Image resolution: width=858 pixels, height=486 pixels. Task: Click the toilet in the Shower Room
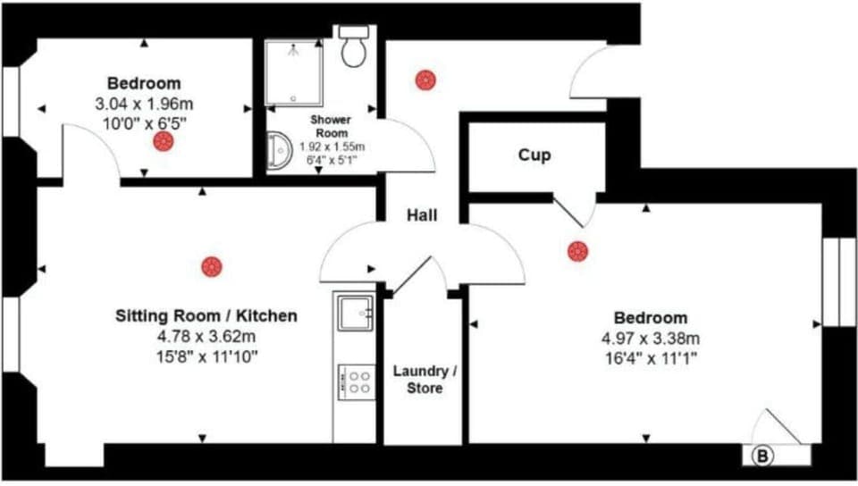point(355,48)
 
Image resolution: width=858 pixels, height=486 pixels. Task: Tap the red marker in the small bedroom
point(162,141)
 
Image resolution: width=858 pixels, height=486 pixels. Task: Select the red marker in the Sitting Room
point(211,265)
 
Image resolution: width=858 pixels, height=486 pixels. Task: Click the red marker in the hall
point(425,80)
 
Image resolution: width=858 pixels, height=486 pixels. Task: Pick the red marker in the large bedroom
point(577,251)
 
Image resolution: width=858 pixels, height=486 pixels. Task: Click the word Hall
point(422,215)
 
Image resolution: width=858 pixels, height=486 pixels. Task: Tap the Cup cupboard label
point(534,155)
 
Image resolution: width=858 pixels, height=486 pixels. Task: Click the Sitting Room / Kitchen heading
point(206,316)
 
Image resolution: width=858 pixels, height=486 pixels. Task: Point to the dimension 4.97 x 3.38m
point(650,338)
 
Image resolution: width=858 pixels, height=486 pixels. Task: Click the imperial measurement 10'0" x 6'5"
point(144,121)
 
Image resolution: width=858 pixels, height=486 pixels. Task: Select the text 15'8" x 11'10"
point(206,356)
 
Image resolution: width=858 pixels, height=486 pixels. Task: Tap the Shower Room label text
point(330,126)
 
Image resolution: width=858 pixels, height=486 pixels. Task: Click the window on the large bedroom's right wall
point(838,281)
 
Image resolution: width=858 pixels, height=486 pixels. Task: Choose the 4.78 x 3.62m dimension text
point(206,337)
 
